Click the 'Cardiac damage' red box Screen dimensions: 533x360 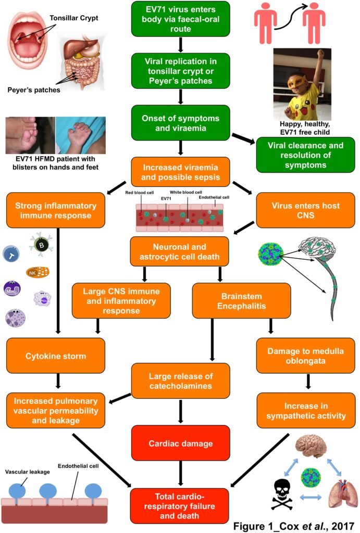click(180, 444)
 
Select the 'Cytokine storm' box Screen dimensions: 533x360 click(55, 357)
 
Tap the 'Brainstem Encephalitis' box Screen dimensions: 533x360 click(241, 300)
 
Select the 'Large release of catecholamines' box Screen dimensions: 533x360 click(180, 381)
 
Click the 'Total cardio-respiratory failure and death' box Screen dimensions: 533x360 click(180, 505)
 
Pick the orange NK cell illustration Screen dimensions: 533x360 click(37, 271)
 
